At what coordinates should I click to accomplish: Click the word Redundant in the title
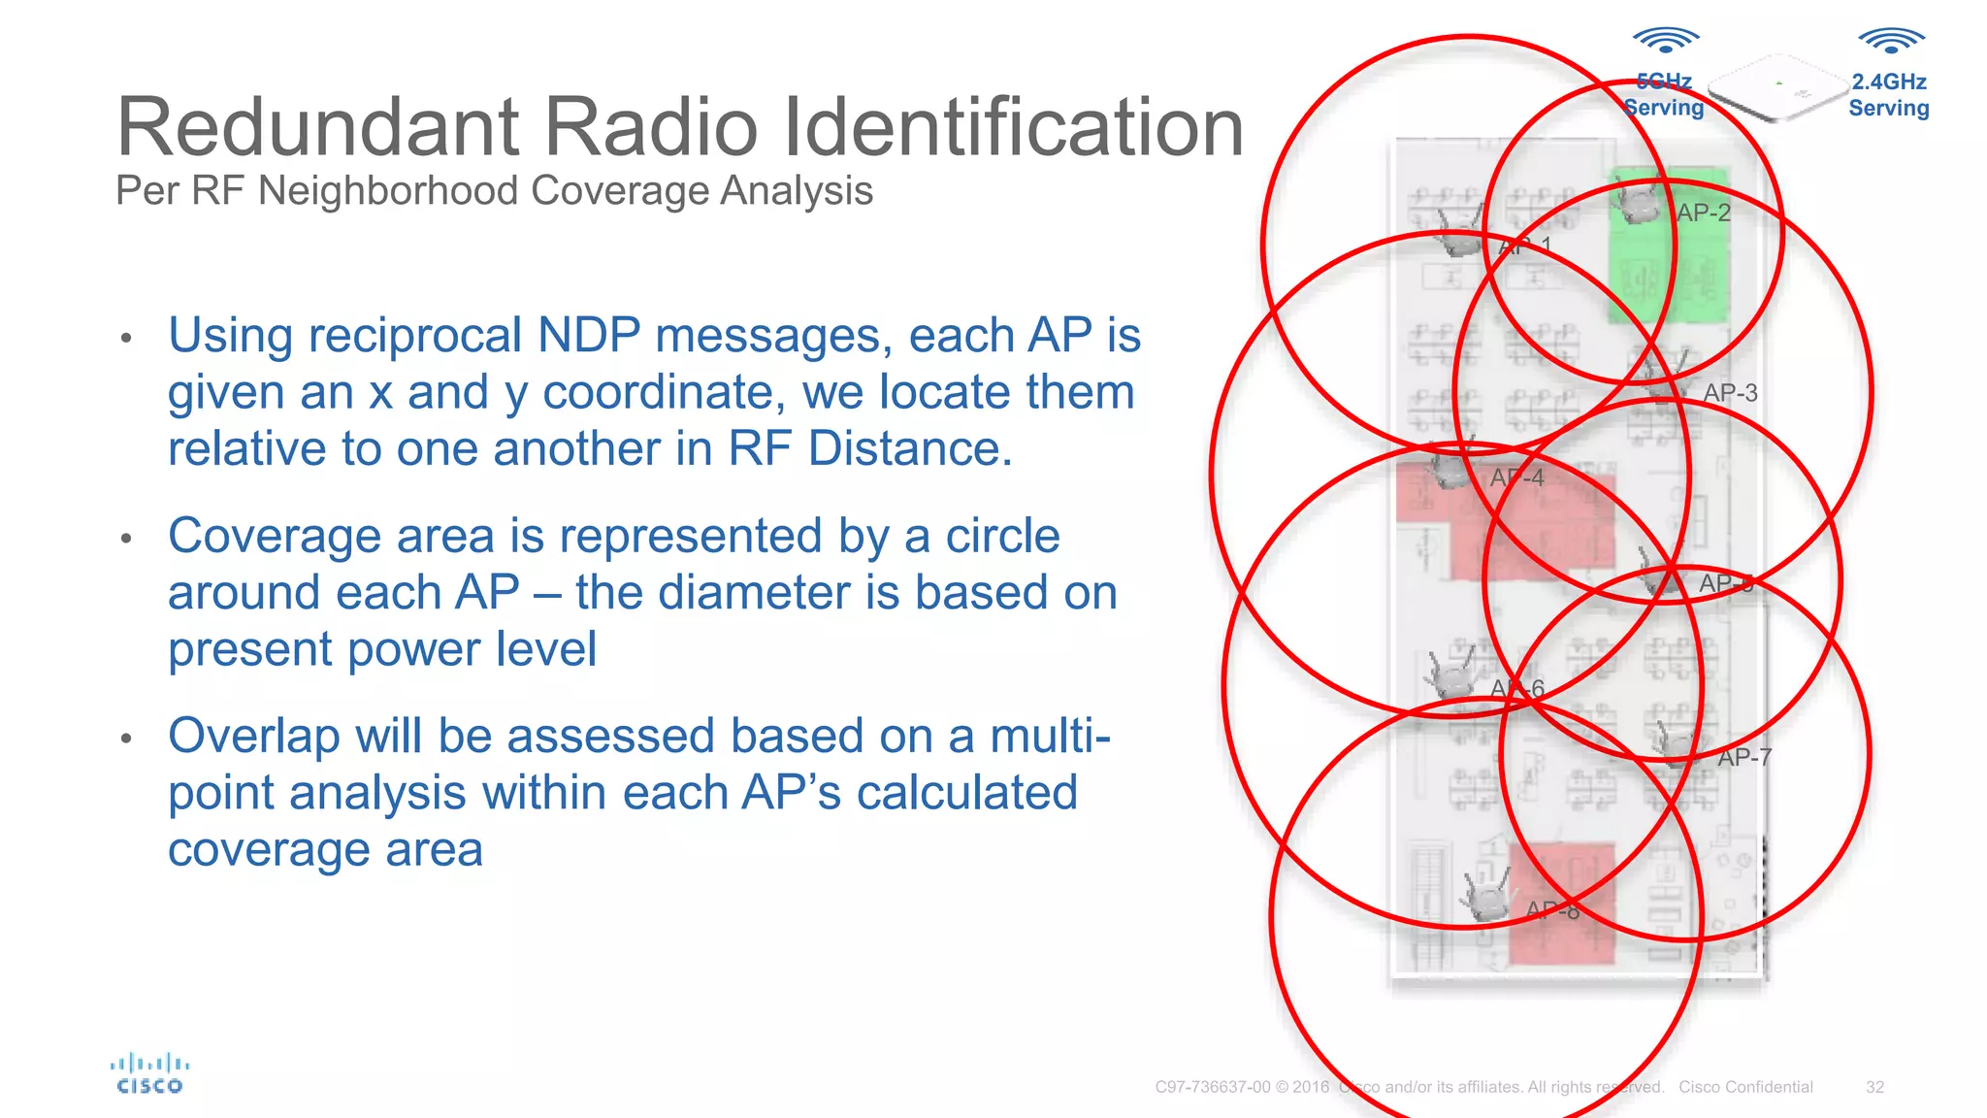tap(320, 127)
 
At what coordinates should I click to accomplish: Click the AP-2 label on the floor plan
tap(1704, 213)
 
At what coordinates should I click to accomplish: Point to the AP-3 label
tap(1730, 393)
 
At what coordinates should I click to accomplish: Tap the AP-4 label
tap(1516, 478)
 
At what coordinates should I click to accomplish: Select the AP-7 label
tap(1744, 758)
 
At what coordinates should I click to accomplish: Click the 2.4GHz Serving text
tap(1888, 95)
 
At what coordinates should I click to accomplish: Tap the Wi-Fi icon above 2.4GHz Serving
tap(1891, 41)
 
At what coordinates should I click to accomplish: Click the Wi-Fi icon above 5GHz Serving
tap(1665, 41)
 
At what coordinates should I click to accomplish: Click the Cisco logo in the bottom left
tap(149, 1074)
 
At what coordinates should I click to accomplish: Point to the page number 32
tap(1874, 1087)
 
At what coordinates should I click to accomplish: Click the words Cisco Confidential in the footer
tap(1745, 1087)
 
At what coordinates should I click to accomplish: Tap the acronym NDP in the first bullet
tap(589, 336)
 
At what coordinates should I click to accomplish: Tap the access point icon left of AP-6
tap(1452, 673)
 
